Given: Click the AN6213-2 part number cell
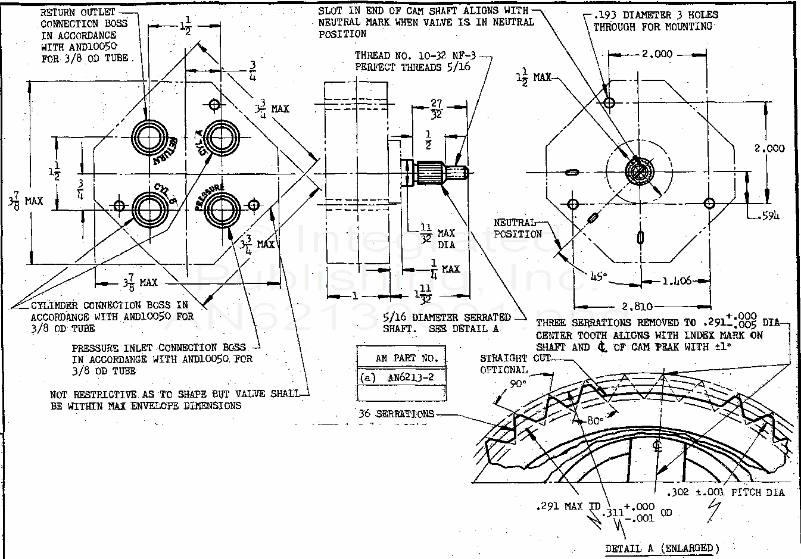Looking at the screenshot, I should (x=410, y=377).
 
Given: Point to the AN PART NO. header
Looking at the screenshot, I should (x=406, y=358).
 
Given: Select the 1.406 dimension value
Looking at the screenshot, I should (x=676, y=281).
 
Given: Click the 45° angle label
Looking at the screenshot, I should (x=599, y=276).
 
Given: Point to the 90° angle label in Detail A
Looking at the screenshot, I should (x=518, y=384).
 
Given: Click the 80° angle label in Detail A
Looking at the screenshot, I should (x=595, y=420).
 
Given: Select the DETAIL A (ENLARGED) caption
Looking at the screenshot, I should (x=662, y=548).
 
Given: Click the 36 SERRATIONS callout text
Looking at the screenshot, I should (x=396, y=414).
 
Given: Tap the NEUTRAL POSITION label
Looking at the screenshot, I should (x=517, y=228).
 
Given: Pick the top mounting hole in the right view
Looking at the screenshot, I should (x=609, y=102).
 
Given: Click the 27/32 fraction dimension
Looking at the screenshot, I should (x=437, y=109).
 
